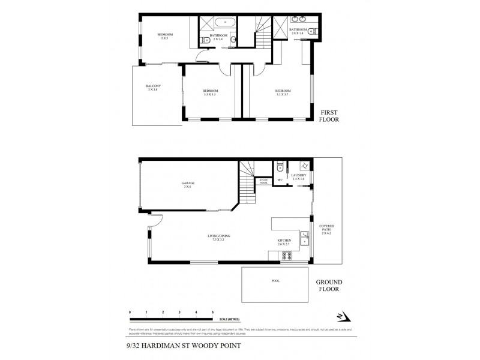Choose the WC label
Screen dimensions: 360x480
(x=280, y=180)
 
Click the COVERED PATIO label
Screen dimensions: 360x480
(x=327, y=229)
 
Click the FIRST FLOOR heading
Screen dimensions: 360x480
(x=331, y=116)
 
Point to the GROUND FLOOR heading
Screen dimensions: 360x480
(x=329, y=285)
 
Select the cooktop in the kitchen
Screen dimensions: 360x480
(x=287, y=256)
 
